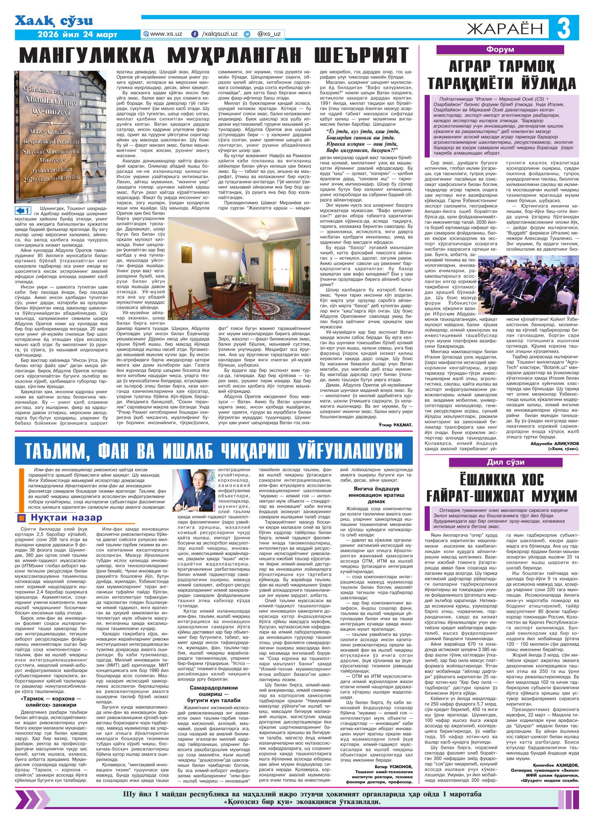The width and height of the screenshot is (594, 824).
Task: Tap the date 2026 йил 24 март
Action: point(77,35)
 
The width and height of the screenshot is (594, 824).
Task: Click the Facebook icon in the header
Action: point(194,34)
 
